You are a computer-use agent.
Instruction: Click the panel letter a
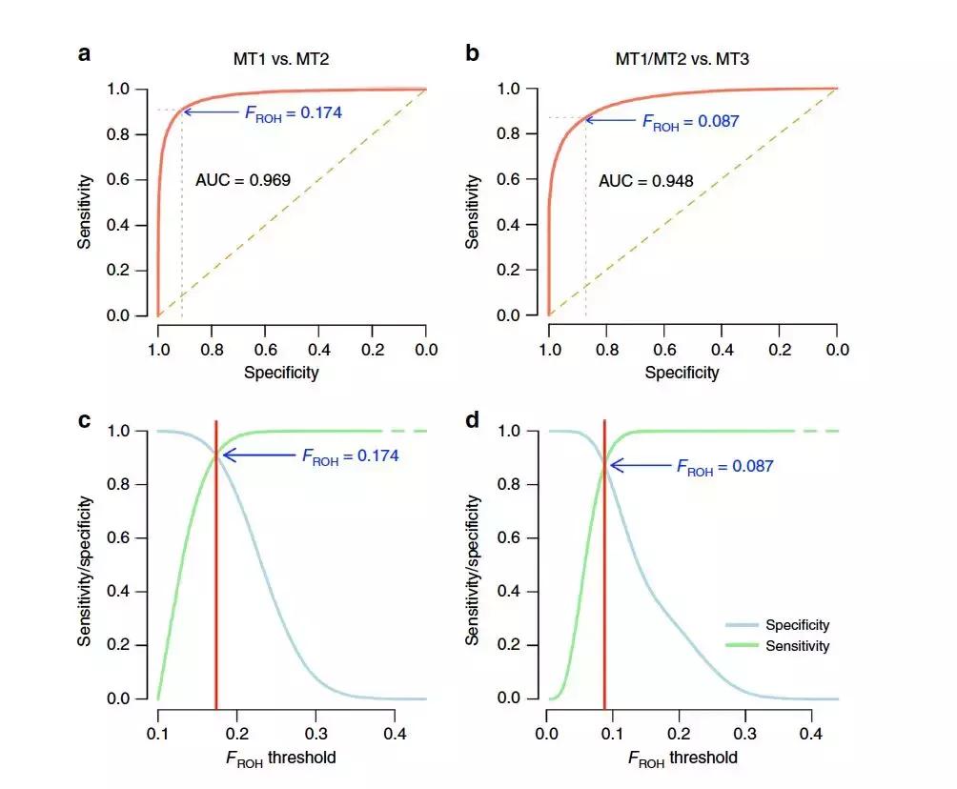[85, 53]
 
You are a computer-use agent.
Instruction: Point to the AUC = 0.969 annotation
[242, 178]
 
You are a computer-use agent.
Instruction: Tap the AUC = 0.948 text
[645, 180]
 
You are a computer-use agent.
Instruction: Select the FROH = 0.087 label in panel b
[691, 121]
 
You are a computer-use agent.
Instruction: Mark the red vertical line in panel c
[216, 572]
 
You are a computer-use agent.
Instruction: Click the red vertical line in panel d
[604, 572]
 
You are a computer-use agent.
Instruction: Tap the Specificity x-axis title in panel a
[281, 373]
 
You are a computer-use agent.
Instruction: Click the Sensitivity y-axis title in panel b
[473, 211]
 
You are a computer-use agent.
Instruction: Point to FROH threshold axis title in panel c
[282, 759]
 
